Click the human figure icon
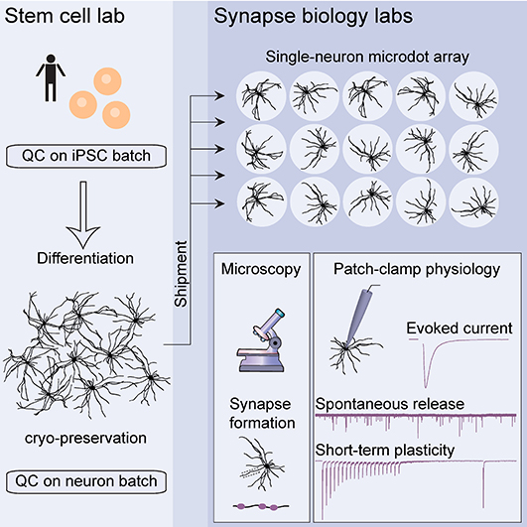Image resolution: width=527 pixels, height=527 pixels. coord(51,78)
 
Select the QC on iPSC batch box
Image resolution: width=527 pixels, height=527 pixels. coord(86,156)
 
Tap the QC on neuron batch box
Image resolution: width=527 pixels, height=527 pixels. coord(86,481)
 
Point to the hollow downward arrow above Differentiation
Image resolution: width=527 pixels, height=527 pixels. coord(83,214)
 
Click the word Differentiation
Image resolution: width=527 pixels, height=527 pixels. coord(85,258)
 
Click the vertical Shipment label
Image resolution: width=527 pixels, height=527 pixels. coord(181,274)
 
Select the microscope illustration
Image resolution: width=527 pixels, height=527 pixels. coord(261,340)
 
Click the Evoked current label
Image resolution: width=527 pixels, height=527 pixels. coord(460,329)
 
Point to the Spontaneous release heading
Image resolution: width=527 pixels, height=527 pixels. coord(390,404)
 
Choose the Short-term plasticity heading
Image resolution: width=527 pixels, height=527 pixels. coord(385,451)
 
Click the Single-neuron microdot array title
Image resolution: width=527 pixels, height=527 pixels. coord(367,57)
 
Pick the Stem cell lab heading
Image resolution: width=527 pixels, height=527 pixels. coord(65,16)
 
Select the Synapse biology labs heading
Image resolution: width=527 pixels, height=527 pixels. coord(314,16)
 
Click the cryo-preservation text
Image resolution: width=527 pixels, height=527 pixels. coord(85,439)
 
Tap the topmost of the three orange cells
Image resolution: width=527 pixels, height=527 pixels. coord(107,81)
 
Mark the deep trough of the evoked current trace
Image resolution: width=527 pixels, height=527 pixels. coord(426,386)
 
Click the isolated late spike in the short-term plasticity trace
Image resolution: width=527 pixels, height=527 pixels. coord(484,484)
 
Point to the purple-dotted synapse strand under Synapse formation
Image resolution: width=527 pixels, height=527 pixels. coord(261,506)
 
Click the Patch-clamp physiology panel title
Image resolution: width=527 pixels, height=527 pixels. coord(417,269)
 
